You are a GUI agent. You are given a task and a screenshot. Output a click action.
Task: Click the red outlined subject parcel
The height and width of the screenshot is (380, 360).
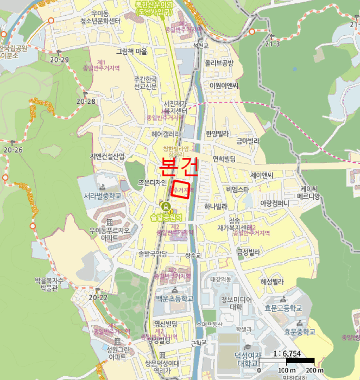click(x=180, y=191)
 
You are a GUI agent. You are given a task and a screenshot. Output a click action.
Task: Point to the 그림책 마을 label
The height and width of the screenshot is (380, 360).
click(x=132, y=52)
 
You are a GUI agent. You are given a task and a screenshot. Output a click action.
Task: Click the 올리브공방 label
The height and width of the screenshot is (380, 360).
click(x=219, y=63)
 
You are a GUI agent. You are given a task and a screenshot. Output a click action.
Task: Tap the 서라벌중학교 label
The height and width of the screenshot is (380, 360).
click(x=102, y=196)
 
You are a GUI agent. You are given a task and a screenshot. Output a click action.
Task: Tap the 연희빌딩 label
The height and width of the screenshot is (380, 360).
click(x=224, y=159)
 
